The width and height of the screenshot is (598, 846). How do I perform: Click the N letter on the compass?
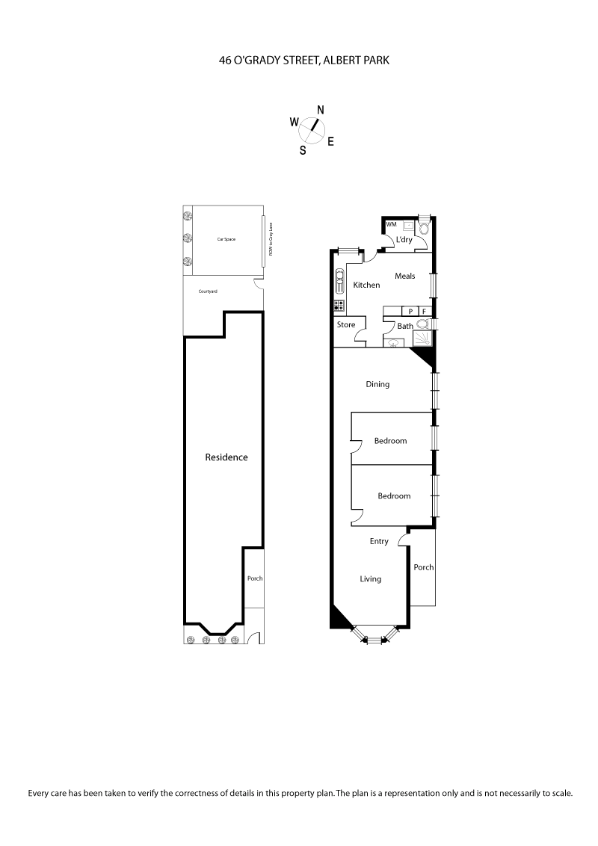pos(321,110)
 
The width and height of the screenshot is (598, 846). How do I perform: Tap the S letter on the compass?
pos(303,149)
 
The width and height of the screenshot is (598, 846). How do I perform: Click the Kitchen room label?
pos(366,285)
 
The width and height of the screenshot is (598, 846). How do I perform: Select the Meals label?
pos(404,277)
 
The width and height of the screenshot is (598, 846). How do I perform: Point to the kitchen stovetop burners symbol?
pos(339,305)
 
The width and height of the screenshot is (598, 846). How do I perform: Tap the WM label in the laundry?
pos(391,224)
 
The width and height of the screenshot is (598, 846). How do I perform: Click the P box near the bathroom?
pos(409,312)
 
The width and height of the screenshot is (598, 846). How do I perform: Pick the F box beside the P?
pos(425,312)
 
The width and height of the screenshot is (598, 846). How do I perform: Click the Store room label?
pos(346,324)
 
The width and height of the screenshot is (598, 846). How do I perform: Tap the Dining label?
pos(377,385)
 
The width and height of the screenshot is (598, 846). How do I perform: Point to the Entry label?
pos(379,541)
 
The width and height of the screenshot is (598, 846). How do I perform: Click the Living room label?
pos(370,578)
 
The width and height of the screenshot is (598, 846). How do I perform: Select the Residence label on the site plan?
pos(226,457)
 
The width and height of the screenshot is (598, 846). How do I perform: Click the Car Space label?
pos(226,239)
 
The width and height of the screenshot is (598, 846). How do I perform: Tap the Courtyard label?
pos(208,291)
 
